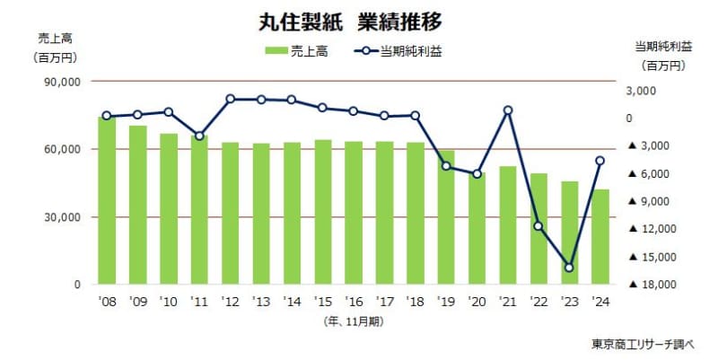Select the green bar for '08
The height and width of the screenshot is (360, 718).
[x=107, y=201]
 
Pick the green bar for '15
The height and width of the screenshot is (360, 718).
[x=323, y=212]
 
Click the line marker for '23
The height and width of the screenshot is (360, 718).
[x=569, y=268]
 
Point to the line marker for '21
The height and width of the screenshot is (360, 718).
[x=508, y=110]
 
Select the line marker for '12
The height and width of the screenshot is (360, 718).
[x=231, y=99]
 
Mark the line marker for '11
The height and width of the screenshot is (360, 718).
[x=199, y=136]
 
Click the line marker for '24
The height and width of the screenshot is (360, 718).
[x=600, y=161]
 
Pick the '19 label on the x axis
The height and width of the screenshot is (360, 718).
[x=446, y=302]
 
